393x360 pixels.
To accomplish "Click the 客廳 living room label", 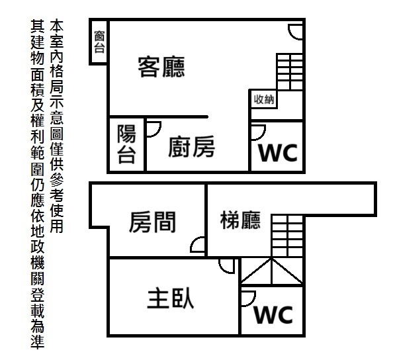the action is tap(161, 67).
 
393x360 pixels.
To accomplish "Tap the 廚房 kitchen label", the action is tap(191, 147).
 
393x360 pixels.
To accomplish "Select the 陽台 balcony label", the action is tap(126, 144).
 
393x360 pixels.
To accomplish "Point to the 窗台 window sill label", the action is tap(99, 42).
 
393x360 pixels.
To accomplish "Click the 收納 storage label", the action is tap(264, 99).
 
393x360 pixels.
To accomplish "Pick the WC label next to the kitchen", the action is tap(278, 153).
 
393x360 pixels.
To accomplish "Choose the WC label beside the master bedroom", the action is tap(273, 314).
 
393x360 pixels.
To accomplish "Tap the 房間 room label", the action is tap(152, 222).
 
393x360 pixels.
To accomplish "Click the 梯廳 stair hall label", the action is tap(240, 220).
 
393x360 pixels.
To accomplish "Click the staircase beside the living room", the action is tap(290, 71).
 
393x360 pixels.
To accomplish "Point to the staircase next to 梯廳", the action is tap(287, 236).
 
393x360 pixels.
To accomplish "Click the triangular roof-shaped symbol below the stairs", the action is tap(272, 271).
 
